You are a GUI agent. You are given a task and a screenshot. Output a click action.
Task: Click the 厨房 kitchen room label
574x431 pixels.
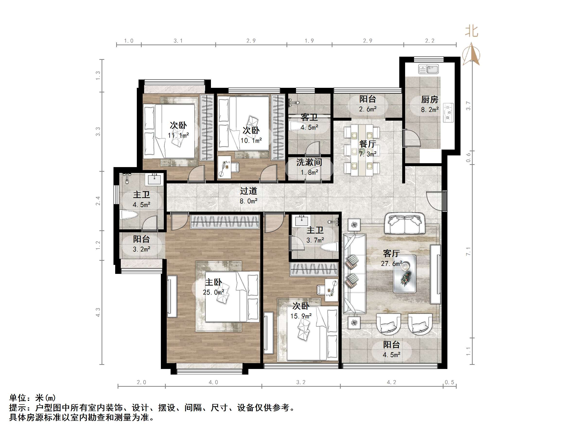(x=429, y=99)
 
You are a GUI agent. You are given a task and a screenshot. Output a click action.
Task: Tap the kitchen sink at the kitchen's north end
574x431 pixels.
(x=428, y=69)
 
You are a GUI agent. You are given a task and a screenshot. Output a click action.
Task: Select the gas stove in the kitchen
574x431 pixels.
(x=448, y=112)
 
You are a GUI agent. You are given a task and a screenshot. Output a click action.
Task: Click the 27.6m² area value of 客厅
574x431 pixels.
(x=391, y=263)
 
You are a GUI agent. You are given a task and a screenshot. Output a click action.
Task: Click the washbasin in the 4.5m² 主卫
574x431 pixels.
(x=154, y=179)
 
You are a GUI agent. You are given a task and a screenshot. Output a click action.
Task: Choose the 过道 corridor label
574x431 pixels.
(x=248, y=191)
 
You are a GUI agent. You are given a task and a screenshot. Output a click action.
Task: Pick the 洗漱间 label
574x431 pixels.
(x=309, y=162)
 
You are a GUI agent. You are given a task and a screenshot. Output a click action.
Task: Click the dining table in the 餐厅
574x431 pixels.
(x=362, y=150)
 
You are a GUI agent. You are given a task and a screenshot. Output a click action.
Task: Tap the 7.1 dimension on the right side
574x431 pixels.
(x=468, y=251)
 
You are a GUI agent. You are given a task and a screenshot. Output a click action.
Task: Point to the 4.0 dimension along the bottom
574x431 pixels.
(x=213, y=382)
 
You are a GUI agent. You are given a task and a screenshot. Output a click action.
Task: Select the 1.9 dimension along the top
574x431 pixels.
(x=309, y=41)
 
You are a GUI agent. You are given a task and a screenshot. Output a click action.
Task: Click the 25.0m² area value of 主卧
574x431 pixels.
(x=213, y=292)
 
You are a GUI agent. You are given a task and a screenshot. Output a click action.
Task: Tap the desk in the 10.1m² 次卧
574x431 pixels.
(x=225, y=167)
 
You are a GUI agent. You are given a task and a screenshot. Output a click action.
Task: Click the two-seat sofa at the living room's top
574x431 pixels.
(x=404, y=224)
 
